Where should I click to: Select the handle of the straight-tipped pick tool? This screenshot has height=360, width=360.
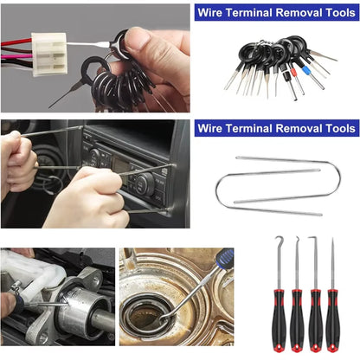(x=332, y=317)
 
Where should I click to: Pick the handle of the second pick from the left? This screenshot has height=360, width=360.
(x=297, y=317)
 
